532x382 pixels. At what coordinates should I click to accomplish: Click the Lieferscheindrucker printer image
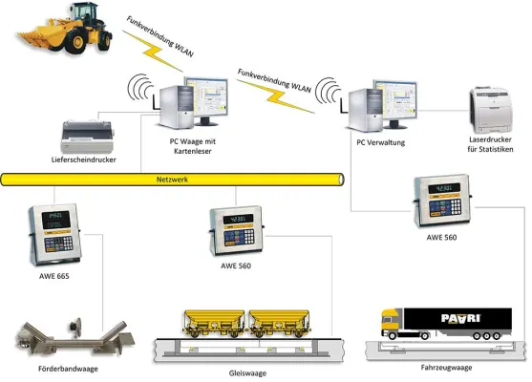pyautogui.click(x=88, y=136)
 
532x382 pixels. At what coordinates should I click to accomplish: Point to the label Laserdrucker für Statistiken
pyautogui.click(x=493, y=149)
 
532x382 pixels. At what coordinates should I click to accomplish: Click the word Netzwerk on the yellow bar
pyautogui.click(x=173, y=180)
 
